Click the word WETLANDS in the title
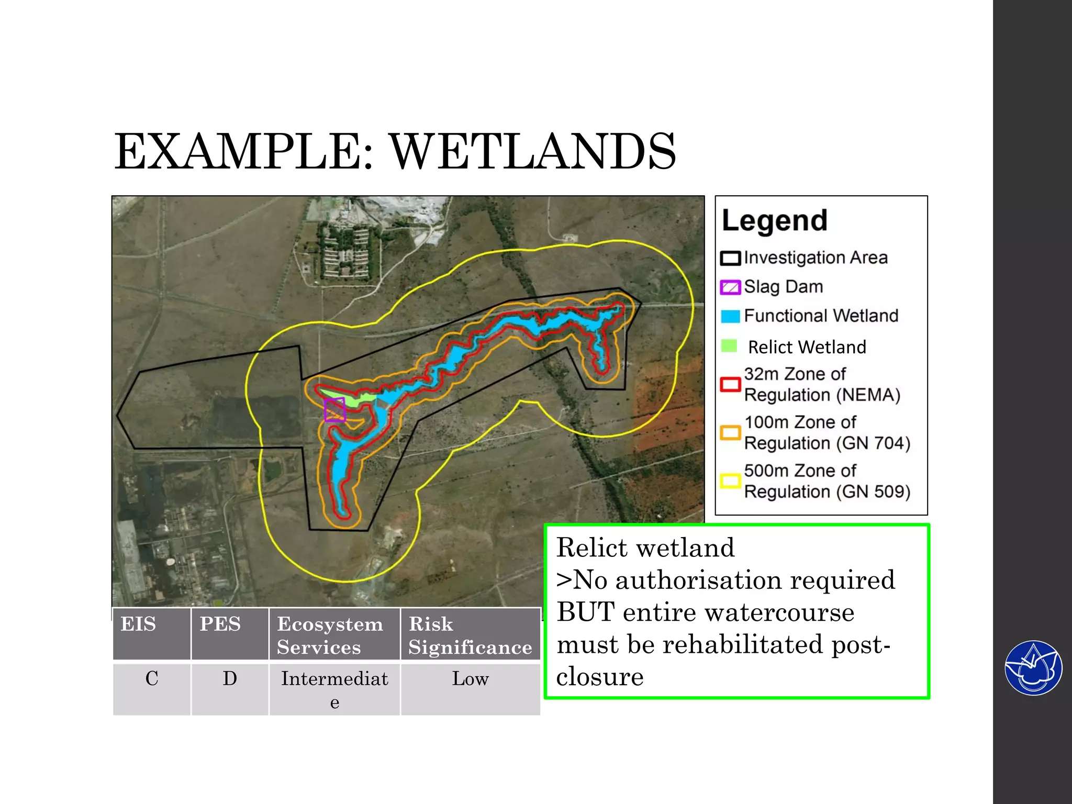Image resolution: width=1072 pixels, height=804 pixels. pyautogui.click(x=533, y=152)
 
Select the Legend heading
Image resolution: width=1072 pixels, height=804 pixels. pyautogui.click(x=774, y=220)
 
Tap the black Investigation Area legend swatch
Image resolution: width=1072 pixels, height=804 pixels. pyautogui.click(x=730, y=258)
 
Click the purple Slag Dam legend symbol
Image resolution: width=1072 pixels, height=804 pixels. pyautogui.click(x=730, y=287)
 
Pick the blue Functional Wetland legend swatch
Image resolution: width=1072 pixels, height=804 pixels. pyautogui.click(x=730, y=316)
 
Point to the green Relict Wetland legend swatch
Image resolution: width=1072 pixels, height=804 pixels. pyautogui.click(x=729, y=345)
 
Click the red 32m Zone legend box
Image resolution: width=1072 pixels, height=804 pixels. pyautogui.click(x=730, y=385)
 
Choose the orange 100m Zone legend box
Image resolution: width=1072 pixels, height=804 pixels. pyautogui.click(x=730, y=433)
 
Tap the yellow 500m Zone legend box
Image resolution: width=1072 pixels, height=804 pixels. pyautogui.click(x=730, y=481)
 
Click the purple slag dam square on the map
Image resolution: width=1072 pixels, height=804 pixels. pyautogui.click(x=334, y=409)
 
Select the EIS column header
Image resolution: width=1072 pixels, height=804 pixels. pyautogui.click(x=151, y=633)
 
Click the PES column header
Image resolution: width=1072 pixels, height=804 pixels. pyautogui.click(x=230, y=633)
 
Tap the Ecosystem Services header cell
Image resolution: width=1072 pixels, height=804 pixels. pyautogui.click(x=334, y=634)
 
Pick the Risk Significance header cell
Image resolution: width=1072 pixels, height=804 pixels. pyautogui.click(x=470, y=634)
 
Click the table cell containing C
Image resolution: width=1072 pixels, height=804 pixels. pyautogui.click(x=151, y=688)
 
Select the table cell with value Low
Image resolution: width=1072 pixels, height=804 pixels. pyautogui.click(x=470, y=688)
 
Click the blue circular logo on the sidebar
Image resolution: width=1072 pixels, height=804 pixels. pyautogui.click(x=1033, y=668)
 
